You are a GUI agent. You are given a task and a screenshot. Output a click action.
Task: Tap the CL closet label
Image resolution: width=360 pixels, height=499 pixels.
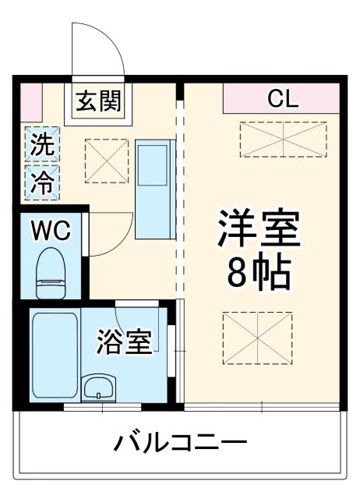(x=281, y=98)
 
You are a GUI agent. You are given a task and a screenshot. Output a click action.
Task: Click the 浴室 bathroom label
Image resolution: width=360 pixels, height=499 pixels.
(x=124, y=343)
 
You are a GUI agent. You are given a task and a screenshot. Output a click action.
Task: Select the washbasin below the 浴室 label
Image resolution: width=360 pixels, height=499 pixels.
(x=99, y=387)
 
